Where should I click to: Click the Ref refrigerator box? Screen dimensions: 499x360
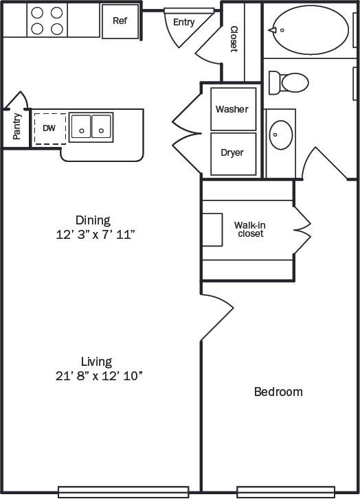point(120,21)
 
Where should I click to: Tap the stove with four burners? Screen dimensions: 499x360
point(46,20)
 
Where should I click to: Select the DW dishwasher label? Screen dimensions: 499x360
point(49,128)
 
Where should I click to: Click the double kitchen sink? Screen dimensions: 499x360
point(91,126)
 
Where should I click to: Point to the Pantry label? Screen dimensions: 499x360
point(17,126)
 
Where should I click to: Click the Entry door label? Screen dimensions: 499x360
point(183,22)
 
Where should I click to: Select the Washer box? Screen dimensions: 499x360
point(232,109)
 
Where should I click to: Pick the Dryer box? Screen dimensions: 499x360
point(232,153)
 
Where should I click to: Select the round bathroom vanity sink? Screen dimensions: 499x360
point(282,135)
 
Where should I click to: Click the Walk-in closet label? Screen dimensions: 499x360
point(249,229)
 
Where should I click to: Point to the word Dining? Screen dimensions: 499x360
point(93,220)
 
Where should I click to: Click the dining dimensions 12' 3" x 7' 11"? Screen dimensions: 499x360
point(95,235)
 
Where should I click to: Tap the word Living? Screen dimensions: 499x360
point(96,361)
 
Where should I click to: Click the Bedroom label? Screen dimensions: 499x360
point(278,392)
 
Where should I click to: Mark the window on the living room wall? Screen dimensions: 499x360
point(124,491)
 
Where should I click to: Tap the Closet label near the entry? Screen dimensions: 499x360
point(234,39)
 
